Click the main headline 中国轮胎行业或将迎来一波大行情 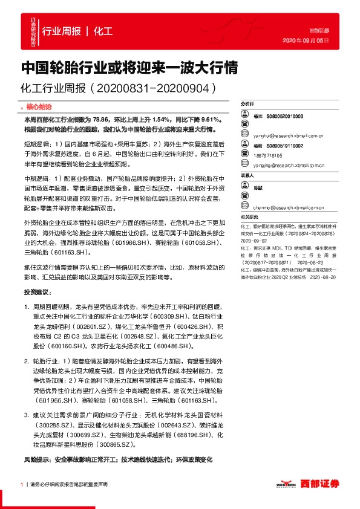click(128, 67)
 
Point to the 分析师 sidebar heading click(247, 103)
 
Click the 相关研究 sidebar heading click(249, 216)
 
